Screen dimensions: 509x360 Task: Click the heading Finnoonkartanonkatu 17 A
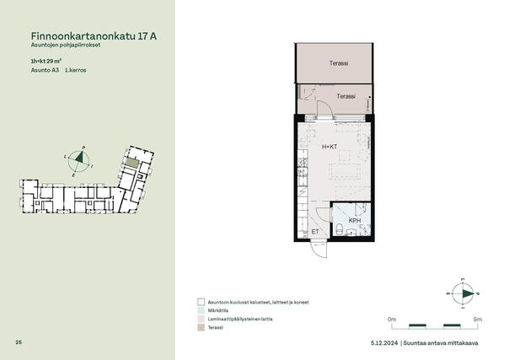point(94,36)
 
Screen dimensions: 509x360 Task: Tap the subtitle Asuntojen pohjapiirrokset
point(66,46)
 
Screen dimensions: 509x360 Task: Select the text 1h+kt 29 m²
point(46,61)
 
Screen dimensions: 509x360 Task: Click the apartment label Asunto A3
point(45,70)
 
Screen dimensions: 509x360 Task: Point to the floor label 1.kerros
point(76,70)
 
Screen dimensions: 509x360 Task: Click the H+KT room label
point(330,147)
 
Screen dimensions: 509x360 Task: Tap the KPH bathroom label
point(355,220)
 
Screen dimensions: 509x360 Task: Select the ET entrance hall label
point(315,232)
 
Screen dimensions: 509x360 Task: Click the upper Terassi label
point(339,63)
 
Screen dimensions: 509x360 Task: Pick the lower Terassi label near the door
point(346,96)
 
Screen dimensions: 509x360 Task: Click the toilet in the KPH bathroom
point(339,228)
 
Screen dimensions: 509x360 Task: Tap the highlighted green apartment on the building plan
point(131,163)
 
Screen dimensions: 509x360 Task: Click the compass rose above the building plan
point(79,161)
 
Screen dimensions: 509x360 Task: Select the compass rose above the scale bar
point(463,293)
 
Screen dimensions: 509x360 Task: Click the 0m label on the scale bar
point(392,319)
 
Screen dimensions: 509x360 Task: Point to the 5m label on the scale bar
point(478,319)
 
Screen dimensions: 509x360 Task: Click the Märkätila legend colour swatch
point(201,310)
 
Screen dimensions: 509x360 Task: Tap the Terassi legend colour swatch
point(201,327)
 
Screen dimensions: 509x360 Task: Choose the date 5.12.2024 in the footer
point(384,343)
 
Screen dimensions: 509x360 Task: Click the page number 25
point(19,341)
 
